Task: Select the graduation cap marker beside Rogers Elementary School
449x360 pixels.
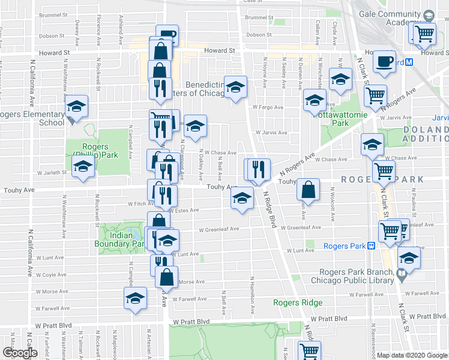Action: point(76,107)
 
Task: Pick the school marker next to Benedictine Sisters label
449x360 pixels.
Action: point(235,87)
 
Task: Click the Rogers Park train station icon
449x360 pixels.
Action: point(372,245)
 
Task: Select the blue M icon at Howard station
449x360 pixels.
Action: point(409,62)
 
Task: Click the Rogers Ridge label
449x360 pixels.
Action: point(295,302)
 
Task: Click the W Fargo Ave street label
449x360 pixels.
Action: point(267,107)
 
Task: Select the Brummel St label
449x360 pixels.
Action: point(250,17)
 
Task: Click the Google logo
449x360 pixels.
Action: point(20,353)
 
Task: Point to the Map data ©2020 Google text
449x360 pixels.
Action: point(411,355)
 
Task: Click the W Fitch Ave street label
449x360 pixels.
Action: point(136,203)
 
